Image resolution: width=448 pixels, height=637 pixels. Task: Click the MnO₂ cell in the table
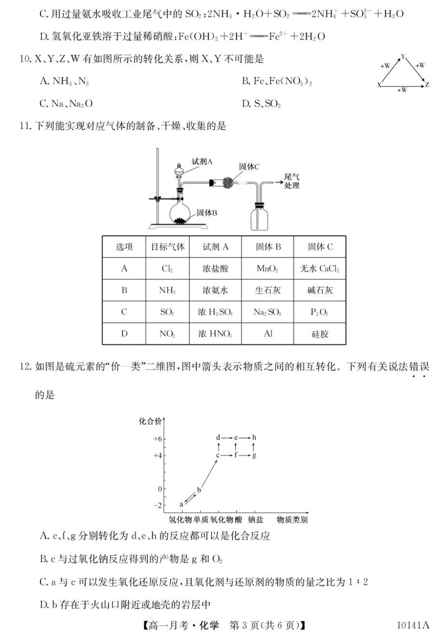click(267, 269)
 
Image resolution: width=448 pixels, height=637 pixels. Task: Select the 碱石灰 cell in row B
click(320, 290)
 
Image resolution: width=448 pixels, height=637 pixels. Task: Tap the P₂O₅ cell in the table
click(320, 312)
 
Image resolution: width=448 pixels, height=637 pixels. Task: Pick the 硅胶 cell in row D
click(320, 334)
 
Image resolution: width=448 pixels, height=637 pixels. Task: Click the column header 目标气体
click(167, 247)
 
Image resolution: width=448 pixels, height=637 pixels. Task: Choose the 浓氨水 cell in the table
click(216, 290)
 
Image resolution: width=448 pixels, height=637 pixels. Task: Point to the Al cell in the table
click(268, 334)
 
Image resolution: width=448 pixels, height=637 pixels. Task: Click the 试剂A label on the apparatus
click(202, 162)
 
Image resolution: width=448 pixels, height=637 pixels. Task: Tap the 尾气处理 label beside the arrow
click(291, 181)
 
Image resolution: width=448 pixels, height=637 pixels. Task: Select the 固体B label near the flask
click(207, 213)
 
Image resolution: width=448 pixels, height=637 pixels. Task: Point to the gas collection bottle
click(260, 217)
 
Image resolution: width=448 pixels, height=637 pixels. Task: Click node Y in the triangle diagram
click(403, 57)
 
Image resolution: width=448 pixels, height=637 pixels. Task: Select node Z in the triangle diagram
click(427, 85)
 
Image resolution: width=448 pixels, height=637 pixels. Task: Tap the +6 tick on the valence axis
click(158, 439)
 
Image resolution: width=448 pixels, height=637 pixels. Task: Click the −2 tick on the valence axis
click(158, 505)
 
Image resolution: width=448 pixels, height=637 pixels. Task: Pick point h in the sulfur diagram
click(254, 438)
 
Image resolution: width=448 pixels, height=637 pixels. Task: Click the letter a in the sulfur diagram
click(181, 504)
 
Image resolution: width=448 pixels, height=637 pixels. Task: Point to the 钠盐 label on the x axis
click(256, 520)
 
